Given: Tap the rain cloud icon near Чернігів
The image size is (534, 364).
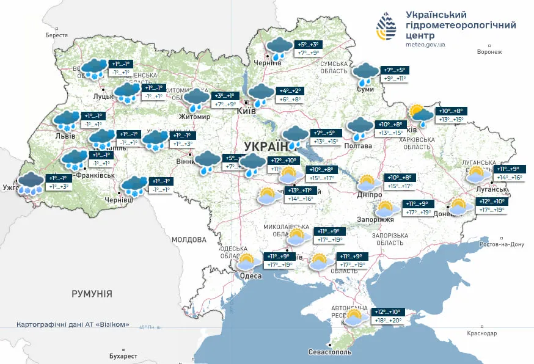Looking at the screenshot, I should pyautogui.click(x=280, y=48).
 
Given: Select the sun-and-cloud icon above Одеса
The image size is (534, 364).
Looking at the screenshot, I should pyautogui.click(x=246, y=262).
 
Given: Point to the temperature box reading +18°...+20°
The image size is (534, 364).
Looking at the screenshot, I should pyautogui.click(x=389, y=320).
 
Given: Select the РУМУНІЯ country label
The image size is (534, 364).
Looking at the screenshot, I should pyautogui.click(x=92, y=294).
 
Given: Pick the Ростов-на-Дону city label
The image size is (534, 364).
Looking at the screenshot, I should pyautogui.click(x=502, y=244).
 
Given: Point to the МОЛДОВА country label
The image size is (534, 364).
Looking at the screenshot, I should pyautogui.click(x=189, y=239).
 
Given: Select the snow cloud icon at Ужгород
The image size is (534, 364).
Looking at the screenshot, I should pyautogui.click(x=31, y=183).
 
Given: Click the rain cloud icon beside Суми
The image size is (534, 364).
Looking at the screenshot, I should pyautogui.click(x=366, y=73).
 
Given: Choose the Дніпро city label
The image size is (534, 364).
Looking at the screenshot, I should pyautogui.click(x=370, y=195).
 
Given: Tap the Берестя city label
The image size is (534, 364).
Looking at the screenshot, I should pyautogui.click(x=57, y=35).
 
